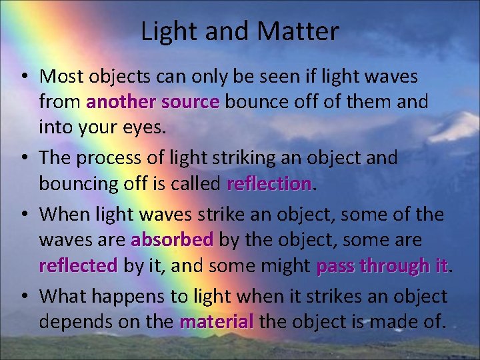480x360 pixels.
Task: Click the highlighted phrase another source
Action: pyautogui.click(x=153, y=102)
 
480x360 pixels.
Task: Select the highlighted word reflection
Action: pyautogui.click(x=269, y=183)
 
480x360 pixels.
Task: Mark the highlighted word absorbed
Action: pyautogui.click(x=173, y=239)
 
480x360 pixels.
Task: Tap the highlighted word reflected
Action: pyautogui.click(x=78, y=266)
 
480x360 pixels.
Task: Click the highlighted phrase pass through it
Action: pyautogui.click(x=383, y=266)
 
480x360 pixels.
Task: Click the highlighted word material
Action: pyautogui.click(x=217, y=322)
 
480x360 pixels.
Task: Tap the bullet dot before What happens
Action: pyautogui.click(x=25, y=296)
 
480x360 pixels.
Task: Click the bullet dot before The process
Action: pyautogui.click(x=25, y=159)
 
